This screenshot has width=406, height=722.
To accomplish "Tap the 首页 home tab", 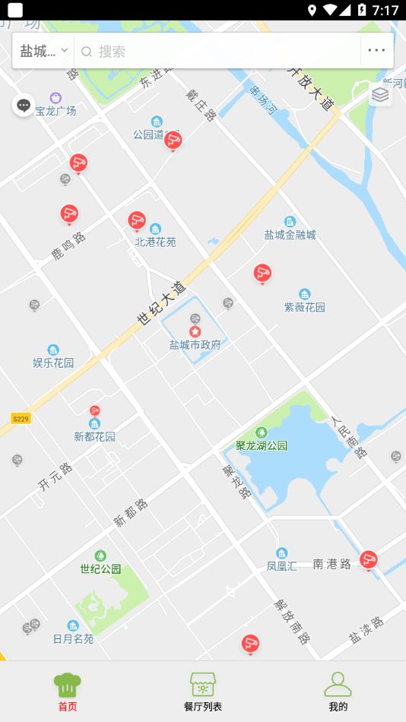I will coord(68,691).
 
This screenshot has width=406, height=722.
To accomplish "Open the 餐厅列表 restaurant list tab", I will coord(203,691).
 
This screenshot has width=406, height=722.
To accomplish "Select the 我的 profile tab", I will coord(338,691).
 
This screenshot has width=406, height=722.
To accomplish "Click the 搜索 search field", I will coord(220,51).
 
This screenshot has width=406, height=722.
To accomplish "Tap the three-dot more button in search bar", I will coord(376,51).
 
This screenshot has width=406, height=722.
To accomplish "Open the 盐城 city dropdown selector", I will coord(43,51).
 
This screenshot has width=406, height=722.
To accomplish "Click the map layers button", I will coord(380,94).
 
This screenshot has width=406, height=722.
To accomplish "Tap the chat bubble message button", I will coord(24,105).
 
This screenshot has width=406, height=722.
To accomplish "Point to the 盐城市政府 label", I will coord(195,344).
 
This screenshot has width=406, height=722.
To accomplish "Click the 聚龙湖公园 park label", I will coord(262,445).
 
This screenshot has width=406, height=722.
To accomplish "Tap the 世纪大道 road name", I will coord(161,304).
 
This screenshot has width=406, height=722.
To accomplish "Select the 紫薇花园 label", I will coord(304,307).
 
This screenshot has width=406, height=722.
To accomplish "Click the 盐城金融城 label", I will coord(290,235).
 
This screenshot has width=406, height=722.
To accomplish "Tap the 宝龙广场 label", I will coord(56,111).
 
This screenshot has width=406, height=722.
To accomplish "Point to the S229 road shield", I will coord(21,419).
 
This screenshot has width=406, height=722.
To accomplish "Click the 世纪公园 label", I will coord(100,568).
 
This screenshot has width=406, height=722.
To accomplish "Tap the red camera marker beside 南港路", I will coord(369,560).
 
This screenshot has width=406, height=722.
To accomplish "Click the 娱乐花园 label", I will coord(53,363).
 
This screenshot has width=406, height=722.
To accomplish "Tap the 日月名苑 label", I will coord(73,638).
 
